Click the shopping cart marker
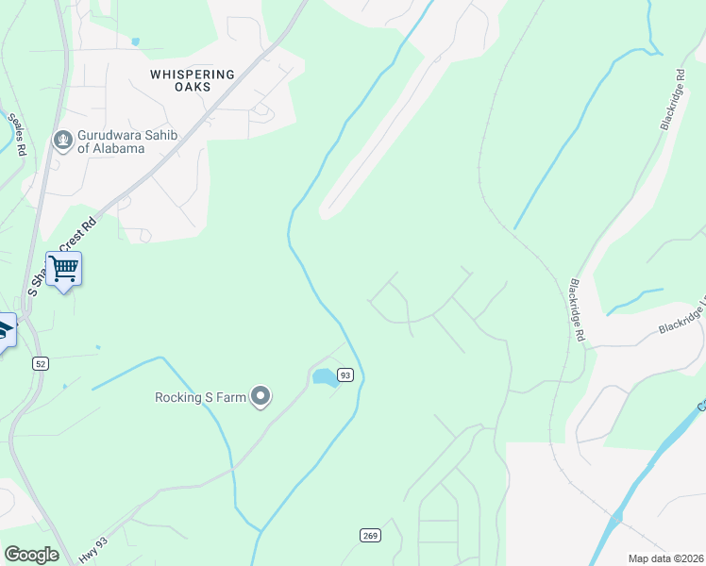point(63,269)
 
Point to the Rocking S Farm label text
point(201,397)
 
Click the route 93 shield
point(345,375)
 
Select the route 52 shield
point(39,363)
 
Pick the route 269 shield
point(370,536)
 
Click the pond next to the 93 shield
point(325,377)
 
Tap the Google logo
point(31,555)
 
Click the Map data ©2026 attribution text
point(665,558)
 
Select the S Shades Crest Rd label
point(64,255)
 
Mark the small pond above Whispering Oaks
point(137,42)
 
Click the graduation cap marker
point(4,331)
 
